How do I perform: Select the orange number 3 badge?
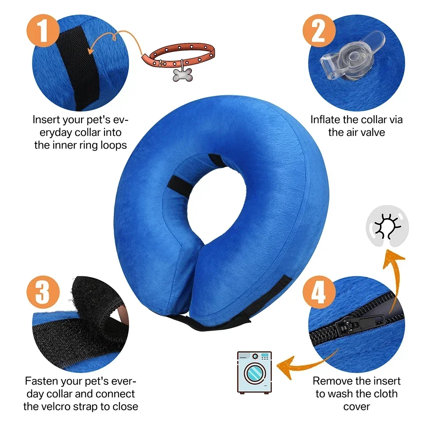tap(42, 291)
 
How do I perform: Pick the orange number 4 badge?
tap(318, 291)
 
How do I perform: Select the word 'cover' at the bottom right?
tap(357, 406)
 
